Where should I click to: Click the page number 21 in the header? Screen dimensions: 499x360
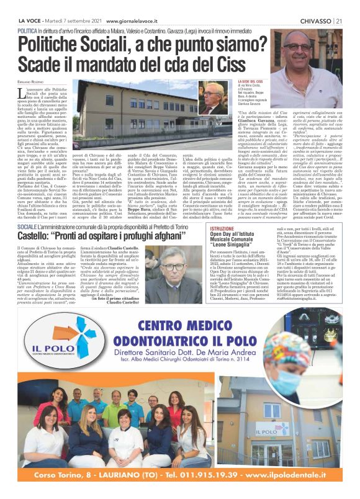(x=341, y=5)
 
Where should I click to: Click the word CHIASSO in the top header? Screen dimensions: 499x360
(x=317, y=5)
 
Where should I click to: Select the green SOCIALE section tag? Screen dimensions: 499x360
(x=27, y=212)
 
